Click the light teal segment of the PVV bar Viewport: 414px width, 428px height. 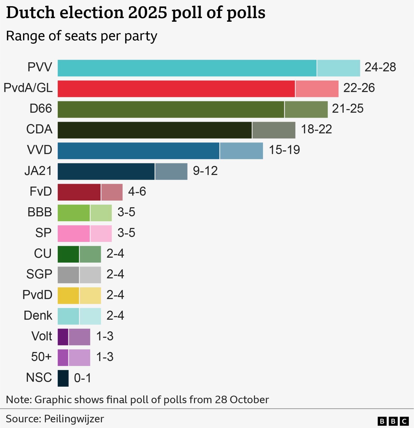pos(338,68)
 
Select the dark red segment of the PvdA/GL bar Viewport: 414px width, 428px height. pos(176,89)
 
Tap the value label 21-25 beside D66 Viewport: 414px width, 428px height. pos(348,109)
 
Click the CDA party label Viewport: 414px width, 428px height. pos(39,129)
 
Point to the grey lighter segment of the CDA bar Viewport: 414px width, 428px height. pos(274,130)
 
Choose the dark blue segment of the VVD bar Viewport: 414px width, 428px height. pos(138,151)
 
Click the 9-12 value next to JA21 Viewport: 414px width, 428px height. pos(205,171)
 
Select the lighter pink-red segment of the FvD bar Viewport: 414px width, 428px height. pos(112,192)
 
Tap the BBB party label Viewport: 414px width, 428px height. pos(40,212)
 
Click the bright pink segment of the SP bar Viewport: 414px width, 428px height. pos(74,234)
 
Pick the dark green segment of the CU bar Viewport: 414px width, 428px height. pos(68,254)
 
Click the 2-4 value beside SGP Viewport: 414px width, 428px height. pos(115,274)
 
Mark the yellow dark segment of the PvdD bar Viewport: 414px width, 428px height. pos(68,296)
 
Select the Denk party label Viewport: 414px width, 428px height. pos(38,316)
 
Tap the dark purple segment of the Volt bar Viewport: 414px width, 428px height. pos(63,337)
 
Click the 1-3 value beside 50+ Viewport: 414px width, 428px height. pos(105,357)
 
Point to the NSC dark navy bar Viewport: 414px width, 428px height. pos(63,378)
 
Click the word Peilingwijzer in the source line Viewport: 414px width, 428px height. pos(74,419)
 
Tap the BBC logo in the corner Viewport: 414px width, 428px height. pos(393,421)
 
